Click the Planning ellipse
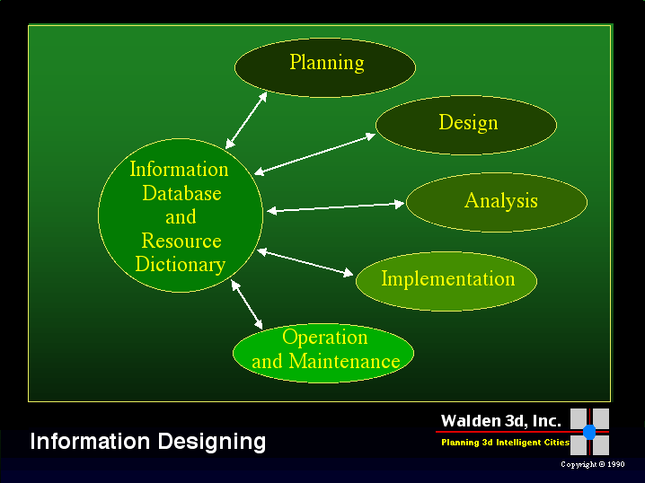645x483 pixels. [325, 66]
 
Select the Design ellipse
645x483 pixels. [466, 125]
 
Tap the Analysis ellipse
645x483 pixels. [497, 202]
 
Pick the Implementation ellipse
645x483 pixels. [446, 280]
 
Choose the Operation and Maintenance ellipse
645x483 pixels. [323, 352]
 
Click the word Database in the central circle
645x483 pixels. [181, 193]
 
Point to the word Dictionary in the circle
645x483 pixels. [180, 265]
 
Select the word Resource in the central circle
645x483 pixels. [181, 241]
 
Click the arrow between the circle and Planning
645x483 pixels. [247, 119]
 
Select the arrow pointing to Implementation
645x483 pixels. [305, 263]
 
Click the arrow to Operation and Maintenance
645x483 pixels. [247, 305]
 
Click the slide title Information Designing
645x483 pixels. [148, 442]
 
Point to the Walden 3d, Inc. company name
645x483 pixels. [500, 421]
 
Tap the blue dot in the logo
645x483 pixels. [589, 432]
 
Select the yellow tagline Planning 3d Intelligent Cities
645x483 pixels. [505, 443]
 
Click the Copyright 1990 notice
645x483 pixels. [592, 465]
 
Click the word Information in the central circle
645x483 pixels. [180, 169]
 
